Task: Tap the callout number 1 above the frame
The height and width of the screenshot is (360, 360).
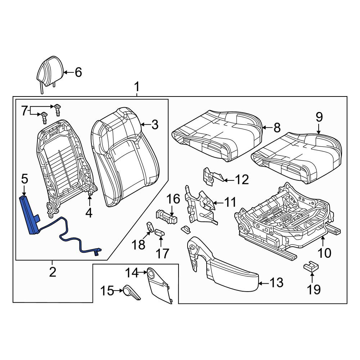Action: (x=136, y=87)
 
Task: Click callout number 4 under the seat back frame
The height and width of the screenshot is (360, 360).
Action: (x=89, y=213)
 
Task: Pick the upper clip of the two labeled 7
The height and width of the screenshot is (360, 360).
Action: (x=57, y=110)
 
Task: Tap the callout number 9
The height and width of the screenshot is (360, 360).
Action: (x=319, y=117)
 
